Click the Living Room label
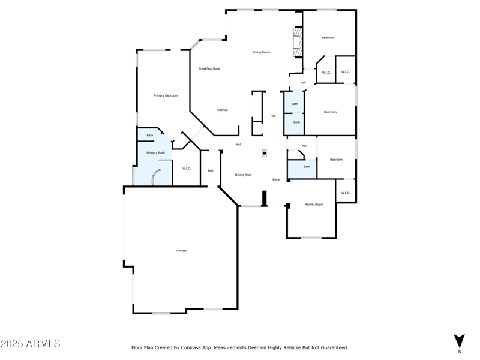[261, 52]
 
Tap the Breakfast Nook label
[209, 68]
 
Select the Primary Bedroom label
[165, 95]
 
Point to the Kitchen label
[223, 110]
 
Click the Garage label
[181, 250]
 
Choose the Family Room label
[314, 205]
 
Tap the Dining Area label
[243, 175]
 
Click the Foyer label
[277, 179]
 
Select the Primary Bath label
[155, 152]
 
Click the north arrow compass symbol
[459, 340]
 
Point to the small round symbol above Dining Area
[264, 153]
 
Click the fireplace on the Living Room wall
[296, 41]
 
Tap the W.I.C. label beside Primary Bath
[187, 168]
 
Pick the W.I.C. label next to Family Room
[345, 193]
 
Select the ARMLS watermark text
[31, 344]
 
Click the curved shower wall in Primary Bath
[155, 176]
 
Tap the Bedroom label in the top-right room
[328, 38]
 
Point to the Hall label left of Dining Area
[211, 171]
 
